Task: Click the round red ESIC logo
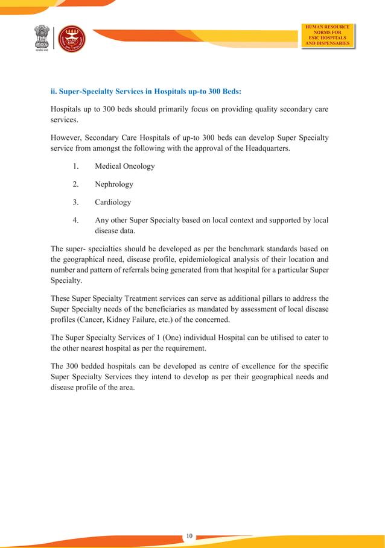tap(71, 39)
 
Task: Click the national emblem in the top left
tap(42, 39)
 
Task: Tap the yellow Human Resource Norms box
tap(328, 35)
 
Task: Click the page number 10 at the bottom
tap(189, 535)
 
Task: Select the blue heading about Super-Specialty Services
tap(145, 92)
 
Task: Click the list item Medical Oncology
tap(124, 166)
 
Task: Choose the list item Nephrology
tap(113, 184)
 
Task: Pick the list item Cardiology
tap(112, 202)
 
